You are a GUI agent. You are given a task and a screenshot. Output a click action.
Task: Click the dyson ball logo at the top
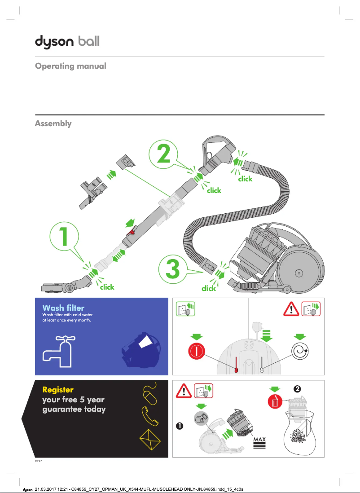67,42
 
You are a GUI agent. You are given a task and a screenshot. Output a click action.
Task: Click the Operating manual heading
70,66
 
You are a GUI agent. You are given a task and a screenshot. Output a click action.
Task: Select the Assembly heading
53,123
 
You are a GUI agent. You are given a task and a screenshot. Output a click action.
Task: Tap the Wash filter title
63,308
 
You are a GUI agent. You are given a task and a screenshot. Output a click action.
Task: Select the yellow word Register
57,389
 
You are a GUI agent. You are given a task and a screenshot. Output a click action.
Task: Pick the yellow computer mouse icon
150,394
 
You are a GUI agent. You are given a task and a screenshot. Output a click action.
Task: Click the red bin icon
275,402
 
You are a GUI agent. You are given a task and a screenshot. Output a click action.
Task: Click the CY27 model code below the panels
39,461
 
